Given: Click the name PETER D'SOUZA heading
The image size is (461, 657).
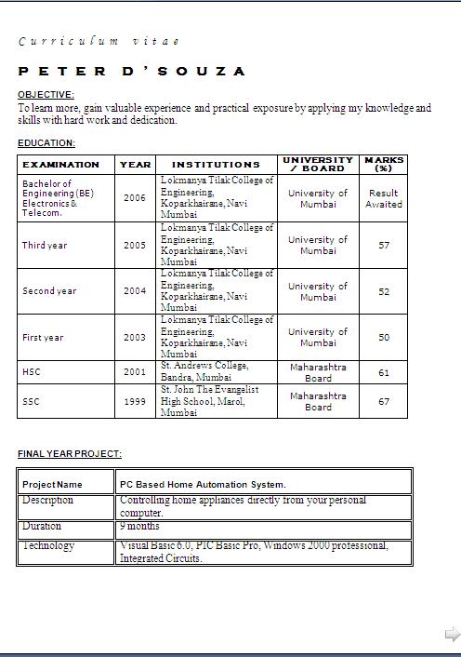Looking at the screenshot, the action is (x=132, y=72).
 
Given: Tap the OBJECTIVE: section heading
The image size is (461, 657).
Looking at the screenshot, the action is (x=46, y=95).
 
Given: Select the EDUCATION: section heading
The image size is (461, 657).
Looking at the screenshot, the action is (x=46, y=143).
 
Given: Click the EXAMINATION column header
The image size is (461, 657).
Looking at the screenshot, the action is (x=61, y=164).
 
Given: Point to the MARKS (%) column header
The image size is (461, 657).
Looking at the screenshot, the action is (x=384, y=164).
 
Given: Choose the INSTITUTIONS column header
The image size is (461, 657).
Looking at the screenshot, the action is (x=216, y=164).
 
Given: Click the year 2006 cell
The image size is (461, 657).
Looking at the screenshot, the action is (x=135, y=198).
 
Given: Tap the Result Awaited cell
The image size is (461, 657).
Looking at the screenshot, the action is (x=384, y=198).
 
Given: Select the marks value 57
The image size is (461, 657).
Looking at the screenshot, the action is (x=384, y=246).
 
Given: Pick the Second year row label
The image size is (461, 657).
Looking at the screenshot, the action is (x=49, y=291).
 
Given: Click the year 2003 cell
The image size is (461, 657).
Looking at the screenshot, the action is (x=135, y=338).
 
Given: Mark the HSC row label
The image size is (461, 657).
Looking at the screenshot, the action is (x=32, y=372).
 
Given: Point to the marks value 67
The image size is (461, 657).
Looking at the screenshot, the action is (x=384, y=402).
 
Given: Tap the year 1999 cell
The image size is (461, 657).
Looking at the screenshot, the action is (x=135, y=402).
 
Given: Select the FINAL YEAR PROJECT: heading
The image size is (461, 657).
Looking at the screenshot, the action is (x=70, y=454).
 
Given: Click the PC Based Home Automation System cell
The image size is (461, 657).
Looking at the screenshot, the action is (x=203, y=484).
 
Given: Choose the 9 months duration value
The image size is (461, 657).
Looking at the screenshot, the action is (x=139, y=527).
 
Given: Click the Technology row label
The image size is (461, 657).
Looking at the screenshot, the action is (x=48, y=546).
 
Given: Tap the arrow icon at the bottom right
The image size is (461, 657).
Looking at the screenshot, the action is (x=453, y=635).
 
